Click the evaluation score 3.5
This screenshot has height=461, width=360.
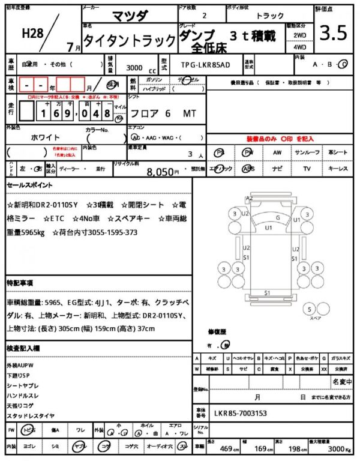[x=334, y=33]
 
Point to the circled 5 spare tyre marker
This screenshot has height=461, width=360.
[x=310, y=309]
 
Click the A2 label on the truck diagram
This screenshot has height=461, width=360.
[x=250, y=198]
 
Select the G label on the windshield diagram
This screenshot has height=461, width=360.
[x=277, y=217]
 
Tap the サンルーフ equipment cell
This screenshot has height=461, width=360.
[x=307, y=152]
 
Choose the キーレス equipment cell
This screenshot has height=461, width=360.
[x=338, y=169]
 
